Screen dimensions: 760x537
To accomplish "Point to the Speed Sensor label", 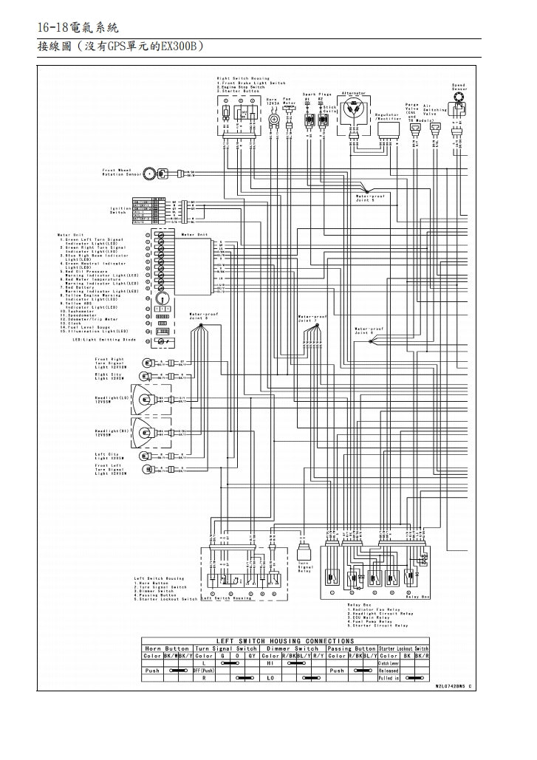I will click(458, 86).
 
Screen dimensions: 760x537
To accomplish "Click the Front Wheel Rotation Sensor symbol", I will click(150, 174).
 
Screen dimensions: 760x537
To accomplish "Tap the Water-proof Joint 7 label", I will click(311, 319).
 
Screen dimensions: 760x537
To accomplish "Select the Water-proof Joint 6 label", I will click(368, 331).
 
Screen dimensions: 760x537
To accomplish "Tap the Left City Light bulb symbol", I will click(148, 456).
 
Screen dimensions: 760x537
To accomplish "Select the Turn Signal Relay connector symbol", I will click(304, 552).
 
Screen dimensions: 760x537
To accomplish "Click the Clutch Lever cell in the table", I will click(389, 663).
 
